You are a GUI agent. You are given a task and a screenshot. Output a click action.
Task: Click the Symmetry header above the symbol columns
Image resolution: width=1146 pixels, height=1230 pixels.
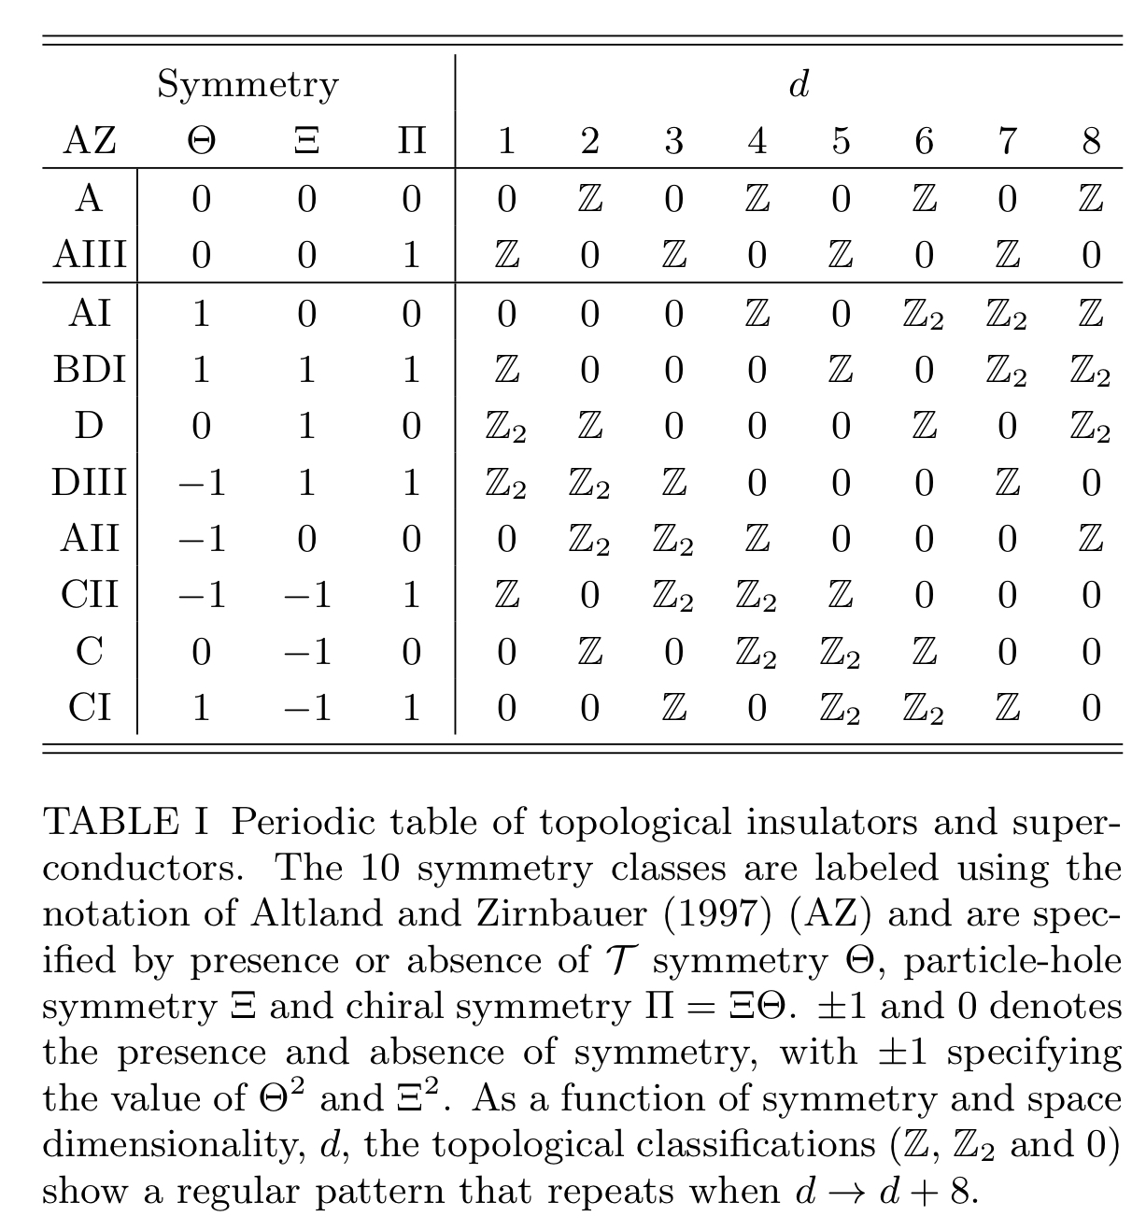point(248,85)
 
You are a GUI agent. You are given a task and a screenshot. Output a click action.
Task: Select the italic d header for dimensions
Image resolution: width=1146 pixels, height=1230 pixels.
point(799,85)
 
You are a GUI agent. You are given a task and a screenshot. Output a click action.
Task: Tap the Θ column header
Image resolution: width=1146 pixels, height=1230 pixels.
point(201,141)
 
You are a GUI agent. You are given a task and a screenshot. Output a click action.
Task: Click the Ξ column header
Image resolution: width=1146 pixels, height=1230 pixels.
point(307,141)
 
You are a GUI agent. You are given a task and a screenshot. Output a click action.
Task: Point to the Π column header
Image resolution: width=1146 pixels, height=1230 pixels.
point(411,141)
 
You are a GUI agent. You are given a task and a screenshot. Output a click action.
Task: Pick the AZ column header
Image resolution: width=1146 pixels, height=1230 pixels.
point(90,141)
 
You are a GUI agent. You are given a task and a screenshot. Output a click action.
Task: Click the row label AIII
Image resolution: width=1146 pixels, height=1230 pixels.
point(90,255)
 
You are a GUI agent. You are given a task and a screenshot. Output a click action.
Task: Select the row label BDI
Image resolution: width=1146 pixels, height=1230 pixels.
point(90,370)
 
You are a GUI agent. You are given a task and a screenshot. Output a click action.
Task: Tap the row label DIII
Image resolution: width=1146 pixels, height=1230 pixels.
point(90,483)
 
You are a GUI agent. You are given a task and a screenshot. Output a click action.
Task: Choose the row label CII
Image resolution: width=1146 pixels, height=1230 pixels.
point(90,595)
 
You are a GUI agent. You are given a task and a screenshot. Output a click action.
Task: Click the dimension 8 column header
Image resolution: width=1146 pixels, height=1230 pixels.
point(1091,141)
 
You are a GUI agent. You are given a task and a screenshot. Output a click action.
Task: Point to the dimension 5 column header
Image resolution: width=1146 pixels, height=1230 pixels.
point(841,141)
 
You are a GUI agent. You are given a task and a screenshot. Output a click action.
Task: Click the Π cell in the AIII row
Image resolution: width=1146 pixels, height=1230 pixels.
point(411,255)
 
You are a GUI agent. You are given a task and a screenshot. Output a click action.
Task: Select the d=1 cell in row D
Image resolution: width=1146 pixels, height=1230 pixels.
point(506,428)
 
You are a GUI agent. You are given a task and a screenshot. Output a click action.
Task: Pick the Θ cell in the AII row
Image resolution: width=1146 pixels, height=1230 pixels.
point(201,539)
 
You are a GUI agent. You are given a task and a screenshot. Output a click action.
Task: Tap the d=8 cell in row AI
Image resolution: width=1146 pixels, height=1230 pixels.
point(1091,313)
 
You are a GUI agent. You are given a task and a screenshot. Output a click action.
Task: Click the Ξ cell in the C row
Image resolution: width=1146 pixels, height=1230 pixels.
point(307,652)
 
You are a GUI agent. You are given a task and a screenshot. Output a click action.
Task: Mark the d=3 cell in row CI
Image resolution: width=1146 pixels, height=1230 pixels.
point(673,708)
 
